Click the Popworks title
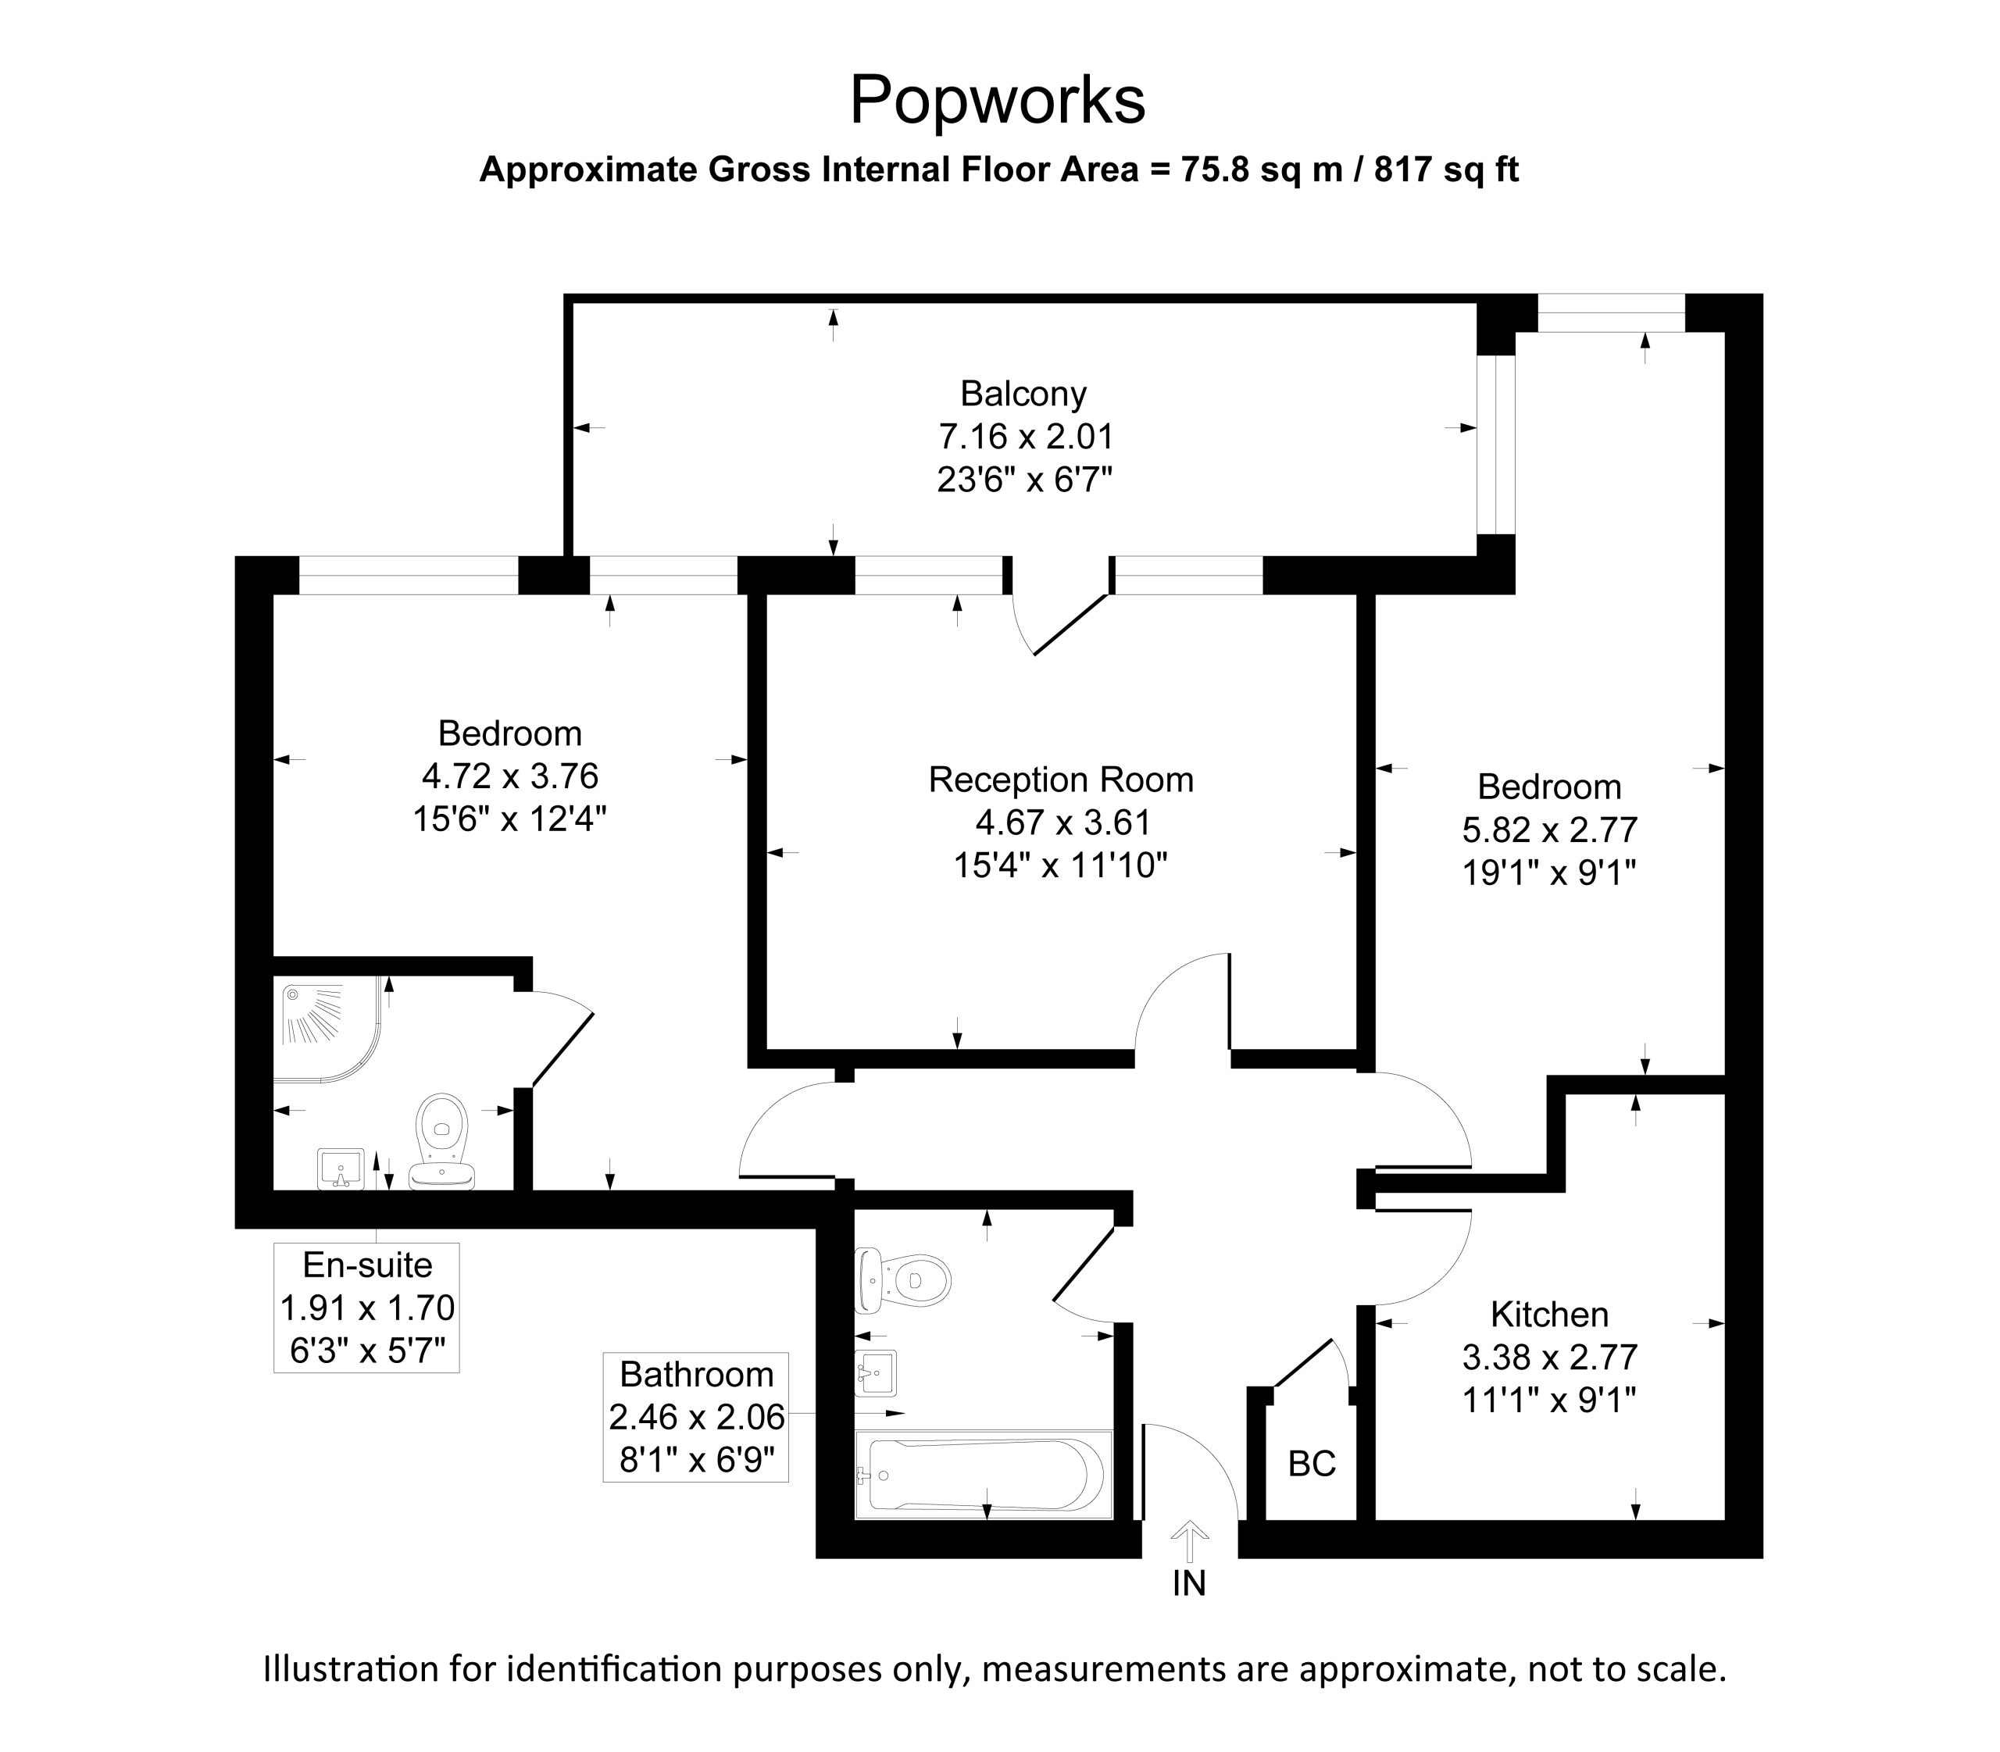point(997,101)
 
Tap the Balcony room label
point(1023,393)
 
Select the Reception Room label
point(1061,780)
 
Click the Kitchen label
point(1549,1314)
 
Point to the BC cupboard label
point(1312,1464)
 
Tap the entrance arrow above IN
point(1189,1543)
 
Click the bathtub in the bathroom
point(984,1475)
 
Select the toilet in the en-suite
point(443,1141)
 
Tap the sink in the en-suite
point(341,1169)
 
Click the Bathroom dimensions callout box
point(695,1417)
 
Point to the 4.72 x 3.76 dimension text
point(509,776)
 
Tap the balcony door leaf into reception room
point(1071,624)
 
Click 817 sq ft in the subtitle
point(1446,170)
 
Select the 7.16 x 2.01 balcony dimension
point(1026,436)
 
